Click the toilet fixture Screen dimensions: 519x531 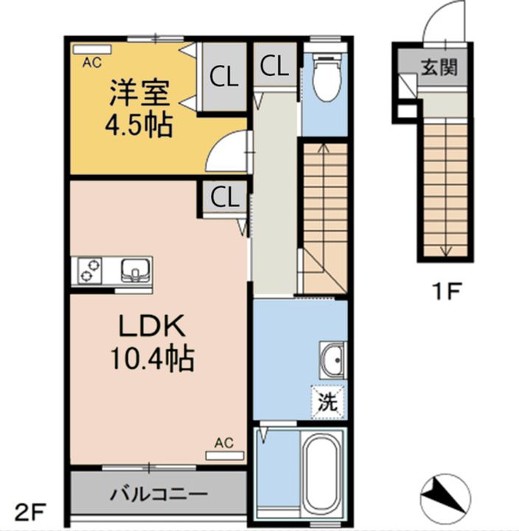[327, 79]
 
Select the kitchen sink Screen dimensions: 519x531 [136, 271]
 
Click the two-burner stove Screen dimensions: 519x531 [90, 271]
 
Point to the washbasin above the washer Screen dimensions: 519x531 [333, 360]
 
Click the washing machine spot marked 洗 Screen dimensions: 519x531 [328, 403]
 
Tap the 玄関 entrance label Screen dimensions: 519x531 [439, 67]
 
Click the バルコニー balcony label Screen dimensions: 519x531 [159, 494]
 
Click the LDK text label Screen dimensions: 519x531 [152, 325]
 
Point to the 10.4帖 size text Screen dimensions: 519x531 [152, 358]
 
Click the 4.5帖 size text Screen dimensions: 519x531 [139, 125]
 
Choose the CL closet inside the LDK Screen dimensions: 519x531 [225, 198]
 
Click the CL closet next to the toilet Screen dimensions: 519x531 [274, 66]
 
